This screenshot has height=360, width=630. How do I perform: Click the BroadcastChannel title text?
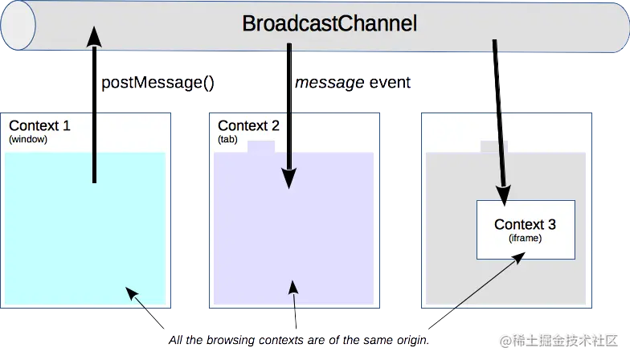click(329, 24)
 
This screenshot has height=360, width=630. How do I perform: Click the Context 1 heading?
click(39, 125)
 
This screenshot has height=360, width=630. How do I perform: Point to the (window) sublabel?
click(28, 139)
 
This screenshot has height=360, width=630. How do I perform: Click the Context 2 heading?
click(248, 125)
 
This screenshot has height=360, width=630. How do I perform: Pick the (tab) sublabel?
click(228, 139)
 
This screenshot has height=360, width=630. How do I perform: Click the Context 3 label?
click(525, 224)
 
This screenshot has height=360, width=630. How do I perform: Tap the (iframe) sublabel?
click(525, 238)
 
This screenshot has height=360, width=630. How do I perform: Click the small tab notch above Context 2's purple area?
click(261, 147)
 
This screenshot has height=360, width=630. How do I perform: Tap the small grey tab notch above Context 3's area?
click(493, 146)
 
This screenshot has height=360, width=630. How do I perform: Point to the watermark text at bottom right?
click(561, 341)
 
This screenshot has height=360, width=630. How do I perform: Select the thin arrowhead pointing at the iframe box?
click(522, 257)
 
